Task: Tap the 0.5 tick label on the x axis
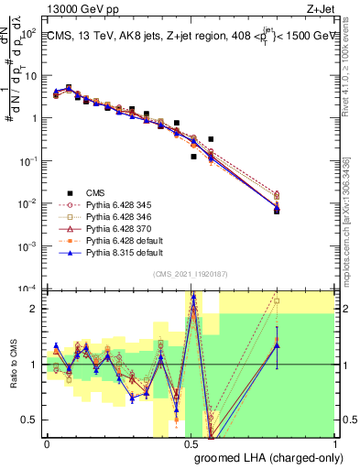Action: (x=191, y=443)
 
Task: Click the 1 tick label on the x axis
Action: (x=334, y=443)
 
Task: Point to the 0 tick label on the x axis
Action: (x=47, y=443)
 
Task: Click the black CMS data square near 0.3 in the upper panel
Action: (x=133, y=109)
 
